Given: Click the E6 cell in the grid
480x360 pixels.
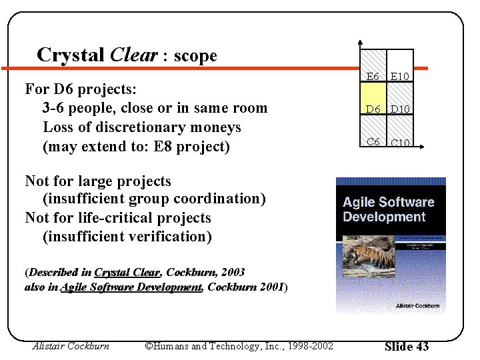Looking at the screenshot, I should [373, 76].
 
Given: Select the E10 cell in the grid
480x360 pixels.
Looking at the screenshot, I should [400, 76].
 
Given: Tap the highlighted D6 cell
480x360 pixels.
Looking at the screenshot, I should [373, 108].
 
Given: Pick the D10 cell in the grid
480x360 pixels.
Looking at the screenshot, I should [400, 108].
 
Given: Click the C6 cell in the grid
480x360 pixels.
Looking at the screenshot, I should [373, 141].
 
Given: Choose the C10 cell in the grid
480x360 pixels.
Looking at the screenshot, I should [400, 141].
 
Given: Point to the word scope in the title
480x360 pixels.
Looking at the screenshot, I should [195, 56].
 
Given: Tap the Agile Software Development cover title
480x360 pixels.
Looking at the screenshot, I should [388, 209].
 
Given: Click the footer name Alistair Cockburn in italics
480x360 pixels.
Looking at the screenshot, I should [71, 346].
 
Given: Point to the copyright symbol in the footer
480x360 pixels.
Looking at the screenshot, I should [149, 346].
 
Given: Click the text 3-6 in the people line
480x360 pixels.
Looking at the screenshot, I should [55, 108].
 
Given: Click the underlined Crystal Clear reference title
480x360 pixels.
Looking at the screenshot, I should [127, 272].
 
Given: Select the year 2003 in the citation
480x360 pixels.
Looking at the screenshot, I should [233, 272].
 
